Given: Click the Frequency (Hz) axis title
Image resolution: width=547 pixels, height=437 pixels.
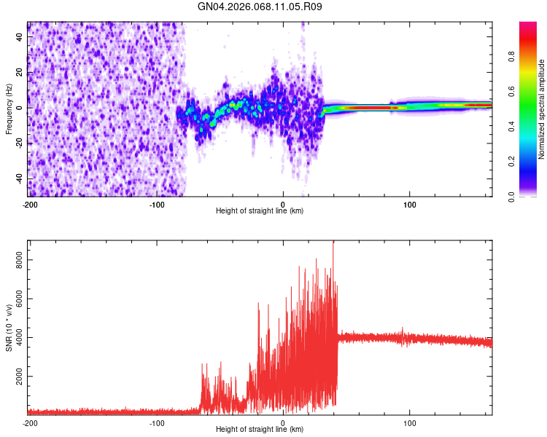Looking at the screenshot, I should point(9,109).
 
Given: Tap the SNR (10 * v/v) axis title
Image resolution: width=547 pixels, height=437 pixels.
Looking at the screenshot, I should point(9,328).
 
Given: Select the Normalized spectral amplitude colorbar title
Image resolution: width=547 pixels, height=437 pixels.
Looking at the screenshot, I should point(542,109).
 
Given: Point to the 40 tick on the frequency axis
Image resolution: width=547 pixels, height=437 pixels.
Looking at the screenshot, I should point(20,36).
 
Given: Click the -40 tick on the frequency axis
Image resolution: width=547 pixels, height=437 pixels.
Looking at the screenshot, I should point(18,178).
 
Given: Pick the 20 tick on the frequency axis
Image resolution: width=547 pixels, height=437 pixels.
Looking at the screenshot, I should point(20,71).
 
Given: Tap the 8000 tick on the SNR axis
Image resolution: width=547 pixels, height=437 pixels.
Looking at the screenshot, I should point(16,260).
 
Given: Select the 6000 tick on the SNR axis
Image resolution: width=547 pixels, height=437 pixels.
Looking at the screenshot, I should point(16,299).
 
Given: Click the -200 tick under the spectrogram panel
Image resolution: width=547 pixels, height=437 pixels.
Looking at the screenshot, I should point(30,205).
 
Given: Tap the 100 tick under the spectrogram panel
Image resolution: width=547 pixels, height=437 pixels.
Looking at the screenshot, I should point(410,205).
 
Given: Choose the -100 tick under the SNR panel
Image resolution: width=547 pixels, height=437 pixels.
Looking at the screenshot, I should point(156,422).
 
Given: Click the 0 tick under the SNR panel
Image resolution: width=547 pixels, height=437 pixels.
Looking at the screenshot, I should point(283,422).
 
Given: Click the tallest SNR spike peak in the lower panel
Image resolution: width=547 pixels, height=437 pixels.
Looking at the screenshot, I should point(333,243).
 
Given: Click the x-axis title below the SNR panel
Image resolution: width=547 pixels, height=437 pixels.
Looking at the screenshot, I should point(260,429).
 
